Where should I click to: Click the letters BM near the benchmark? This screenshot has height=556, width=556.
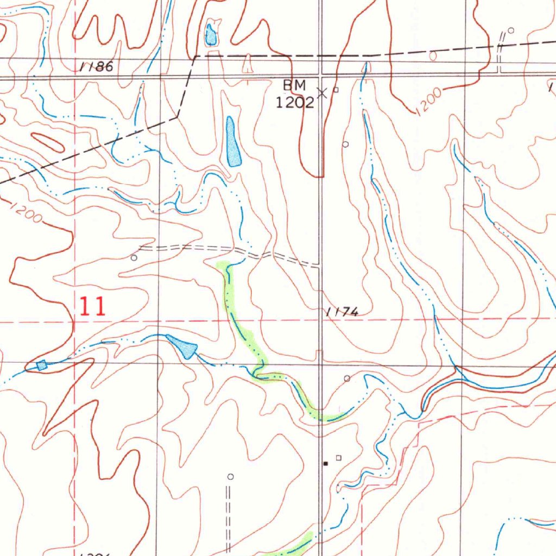point(295,85)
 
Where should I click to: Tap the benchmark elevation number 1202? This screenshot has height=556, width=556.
point(295,103)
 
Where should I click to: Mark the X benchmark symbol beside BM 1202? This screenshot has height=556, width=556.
point(322,93)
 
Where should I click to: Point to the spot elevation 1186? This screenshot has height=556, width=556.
point(97,67)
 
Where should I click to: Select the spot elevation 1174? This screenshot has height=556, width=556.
point(342,312)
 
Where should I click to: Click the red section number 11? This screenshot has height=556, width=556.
point(92,307)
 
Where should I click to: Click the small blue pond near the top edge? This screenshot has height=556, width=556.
point(211,36)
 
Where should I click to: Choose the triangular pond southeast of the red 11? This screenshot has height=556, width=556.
point(183,346)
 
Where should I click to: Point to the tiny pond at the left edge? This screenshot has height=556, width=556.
point(42,365)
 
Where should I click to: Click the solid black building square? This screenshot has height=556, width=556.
point(325,464)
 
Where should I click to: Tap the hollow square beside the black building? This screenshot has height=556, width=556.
point(339,458)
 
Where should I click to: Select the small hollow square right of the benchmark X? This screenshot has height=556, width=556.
point(336,90)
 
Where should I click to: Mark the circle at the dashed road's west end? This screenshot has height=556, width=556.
point(134,258)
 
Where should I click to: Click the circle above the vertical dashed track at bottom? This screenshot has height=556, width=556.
point(230,477)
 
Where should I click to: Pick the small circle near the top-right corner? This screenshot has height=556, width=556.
point(510,30)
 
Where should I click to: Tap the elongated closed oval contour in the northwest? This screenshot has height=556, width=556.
point(48,142)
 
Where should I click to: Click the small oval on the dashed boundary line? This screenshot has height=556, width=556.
point(433,55)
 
